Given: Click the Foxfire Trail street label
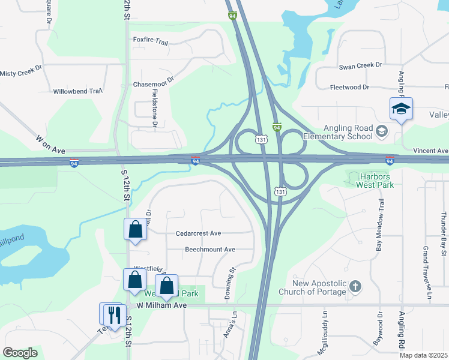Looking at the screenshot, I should tap(151, 41).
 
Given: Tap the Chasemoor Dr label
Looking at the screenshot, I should tap(153, 80).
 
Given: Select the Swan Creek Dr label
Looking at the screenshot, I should tap(360, 65).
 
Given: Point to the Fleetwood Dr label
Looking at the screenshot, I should tap(349, 87).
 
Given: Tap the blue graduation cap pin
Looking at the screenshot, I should tap(401, 109).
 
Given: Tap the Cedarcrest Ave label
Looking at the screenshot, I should tap(199, 233).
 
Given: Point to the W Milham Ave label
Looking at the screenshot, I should tap(161, 305).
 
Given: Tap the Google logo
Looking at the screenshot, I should tap(20, 353).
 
